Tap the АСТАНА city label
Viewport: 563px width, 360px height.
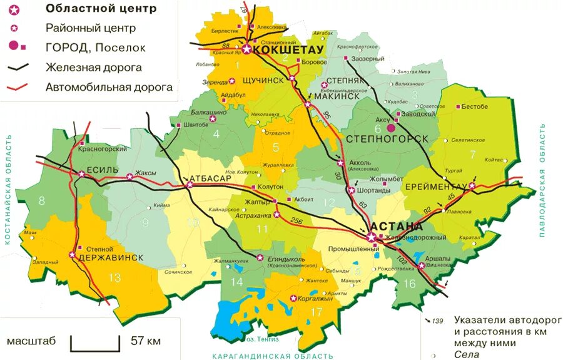(397, 226)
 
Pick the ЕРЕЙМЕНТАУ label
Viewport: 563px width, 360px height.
(435, 187)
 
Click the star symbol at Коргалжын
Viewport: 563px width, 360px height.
(293, 298)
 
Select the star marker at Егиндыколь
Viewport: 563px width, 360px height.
(260, 257)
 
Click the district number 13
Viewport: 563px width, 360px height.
(114, 278)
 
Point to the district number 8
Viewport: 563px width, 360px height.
(43, 201)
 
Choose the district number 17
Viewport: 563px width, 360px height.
(317, 312)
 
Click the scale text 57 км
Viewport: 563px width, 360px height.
(146, 341)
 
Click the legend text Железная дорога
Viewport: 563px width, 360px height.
(93, 67)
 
